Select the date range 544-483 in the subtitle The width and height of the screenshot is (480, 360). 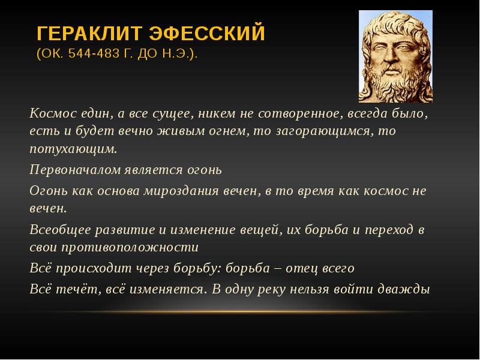tap(94, 53)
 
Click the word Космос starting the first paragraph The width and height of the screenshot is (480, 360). tap(53, 113)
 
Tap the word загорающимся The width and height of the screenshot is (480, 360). tap(325, 131)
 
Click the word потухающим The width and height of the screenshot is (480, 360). tap(73, 149)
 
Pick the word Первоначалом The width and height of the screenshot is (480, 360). tap(76, 170)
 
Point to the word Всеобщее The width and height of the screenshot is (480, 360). tap(61, 230)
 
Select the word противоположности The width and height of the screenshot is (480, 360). tap(130, 247)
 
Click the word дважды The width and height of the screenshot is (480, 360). tap(403, 289)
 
